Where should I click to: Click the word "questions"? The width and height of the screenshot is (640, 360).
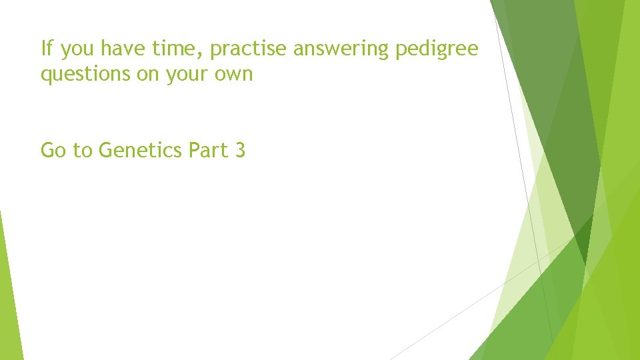pos(85,75)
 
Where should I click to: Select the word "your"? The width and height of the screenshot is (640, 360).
pos(187,75)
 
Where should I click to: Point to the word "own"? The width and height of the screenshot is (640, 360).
pos(234,75)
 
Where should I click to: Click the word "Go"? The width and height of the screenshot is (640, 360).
pos(54,151)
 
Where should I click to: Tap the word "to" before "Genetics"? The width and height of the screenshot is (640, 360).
pos(83,151)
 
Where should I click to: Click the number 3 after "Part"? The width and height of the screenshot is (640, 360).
pos(240,151)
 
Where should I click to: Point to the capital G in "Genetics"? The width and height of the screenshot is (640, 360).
pos(105,151)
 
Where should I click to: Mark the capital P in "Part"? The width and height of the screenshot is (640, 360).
pos(194,151)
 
